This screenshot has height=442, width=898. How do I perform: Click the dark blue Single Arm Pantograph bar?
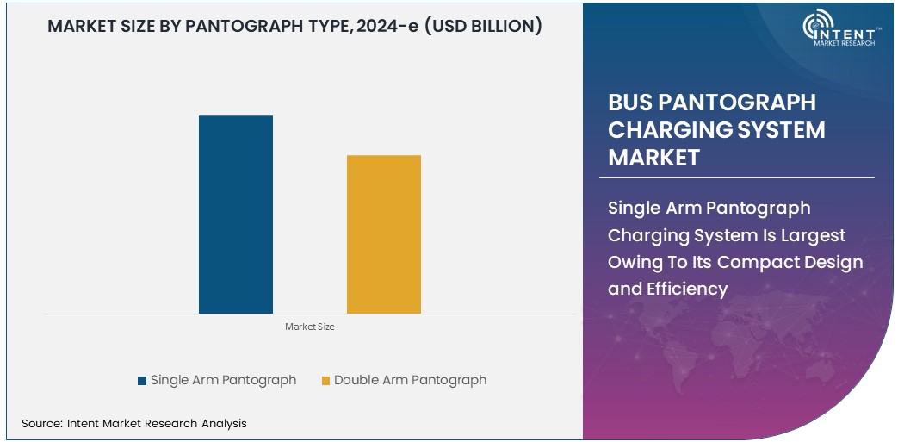pos(235,214)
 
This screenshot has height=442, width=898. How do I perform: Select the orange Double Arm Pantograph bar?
pos(383,233)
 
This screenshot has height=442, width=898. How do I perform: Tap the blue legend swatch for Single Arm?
pos(142,380)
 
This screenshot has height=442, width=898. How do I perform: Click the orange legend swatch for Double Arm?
pos(325,380)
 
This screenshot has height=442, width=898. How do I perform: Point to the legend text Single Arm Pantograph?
pos(223,380)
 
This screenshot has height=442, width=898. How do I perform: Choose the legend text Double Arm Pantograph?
pos(410,380)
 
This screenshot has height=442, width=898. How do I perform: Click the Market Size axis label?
pos(309,327)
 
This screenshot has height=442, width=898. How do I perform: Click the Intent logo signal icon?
pos(817,25)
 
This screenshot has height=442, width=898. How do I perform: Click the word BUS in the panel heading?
pos(630,103)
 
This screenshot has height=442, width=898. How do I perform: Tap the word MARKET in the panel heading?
pos(653,158)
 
